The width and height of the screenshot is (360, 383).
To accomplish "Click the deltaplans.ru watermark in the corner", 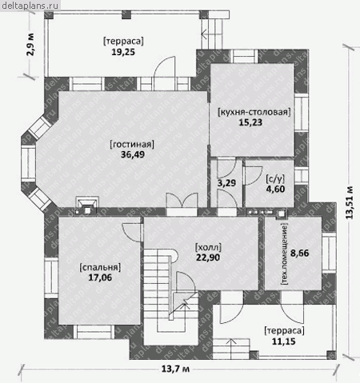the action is click(30, 6).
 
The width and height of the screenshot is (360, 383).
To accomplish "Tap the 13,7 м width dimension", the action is click(175, 369).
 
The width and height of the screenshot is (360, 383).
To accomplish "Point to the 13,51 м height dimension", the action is click(349, 202).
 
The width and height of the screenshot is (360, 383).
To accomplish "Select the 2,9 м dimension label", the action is click(30, 44).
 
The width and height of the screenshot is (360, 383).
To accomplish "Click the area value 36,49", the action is click(133, 154).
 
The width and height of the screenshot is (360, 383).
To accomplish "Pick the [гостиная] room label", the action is click(132, 144).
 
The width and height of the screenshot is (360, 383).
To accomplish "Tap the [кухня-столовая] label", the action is click(254, 112).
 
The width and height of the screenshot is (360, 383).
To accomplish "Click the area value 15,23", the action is click(250, 122).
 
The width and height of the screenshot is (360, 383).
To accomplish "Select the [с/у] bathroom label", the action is click(275, 179).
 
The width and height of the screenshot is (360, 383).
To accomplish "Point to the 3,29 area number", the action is click(226, 183).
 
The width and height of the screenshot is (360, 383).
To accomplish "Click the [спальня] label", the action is click(100, 267).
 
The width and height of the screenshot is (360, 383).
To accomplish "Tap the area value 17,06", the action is click(100, 277).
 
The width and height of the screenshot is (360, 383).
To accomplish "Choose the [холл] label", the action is click(208, 247).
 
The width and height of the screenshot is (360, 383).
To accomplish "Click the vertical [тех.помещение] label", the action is click(284, 254).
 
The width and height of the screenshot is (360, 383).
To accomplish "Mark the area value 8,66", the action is click(299, 253).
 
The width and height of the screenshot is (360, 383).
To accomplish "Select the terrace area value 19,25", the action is click(123, 52).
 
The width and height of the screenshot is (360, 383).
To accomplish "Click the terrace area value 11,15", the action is click(284, 341).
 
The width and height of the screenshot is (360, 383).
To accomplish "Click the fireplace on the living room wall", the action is click(87, 205).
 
